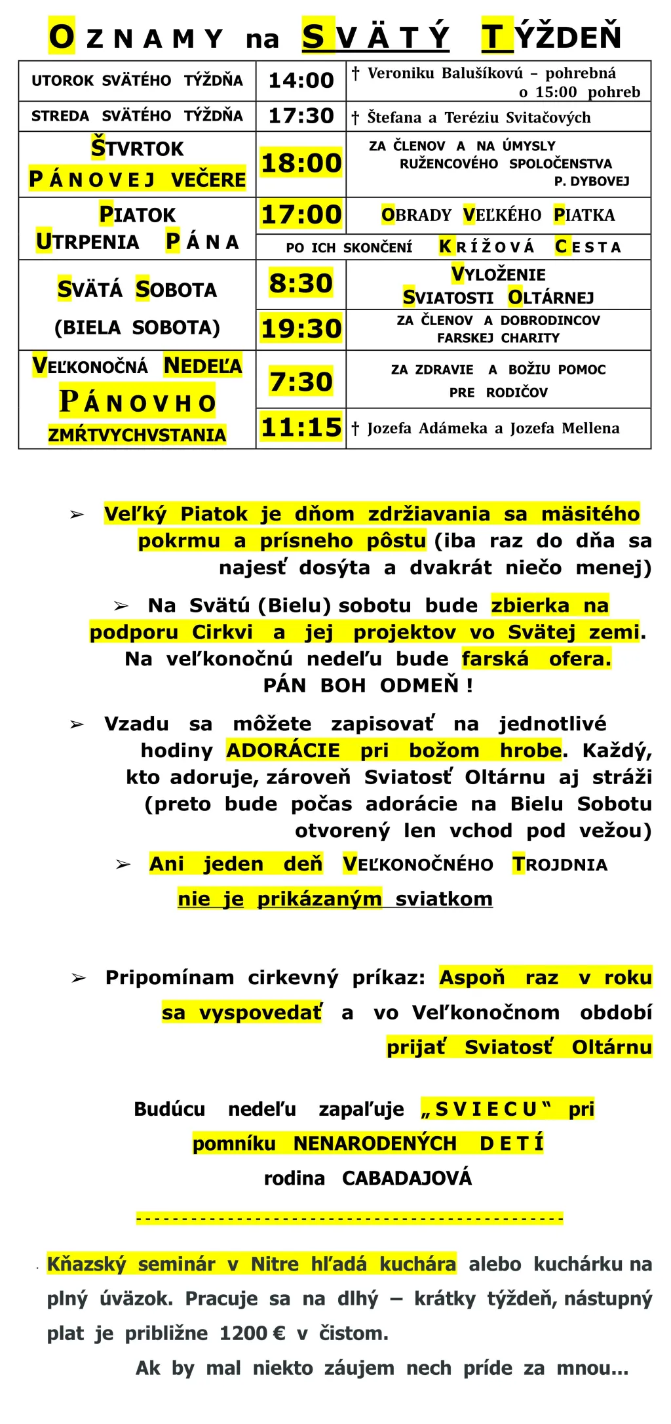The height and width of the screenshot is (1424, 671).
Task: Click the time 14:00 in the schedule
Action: point(301,81)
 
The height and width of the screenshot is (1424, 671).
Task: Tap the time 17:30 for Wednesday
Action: point(301,116)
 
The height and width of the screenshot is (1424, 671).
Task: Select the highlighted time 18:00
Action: point(301,163)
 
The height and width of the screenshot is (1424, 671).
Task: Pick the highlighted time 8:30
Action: point(301,283)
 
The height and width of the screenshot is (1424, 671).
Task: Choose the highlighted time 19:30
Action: point(301,328)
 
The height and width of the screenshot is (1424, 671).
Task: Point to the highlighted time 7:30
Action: point(301,382)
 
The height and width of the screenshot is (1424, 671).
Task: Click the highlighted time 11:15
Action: point(301,427)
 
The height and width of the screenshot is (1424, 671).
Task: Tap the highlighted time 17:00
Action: point(301,214)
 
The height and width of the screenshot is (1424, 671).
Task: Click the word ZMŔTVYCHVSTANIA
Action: point(137,435)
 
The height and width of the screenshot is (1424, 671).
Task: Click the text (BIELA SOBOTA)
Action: point(137,327)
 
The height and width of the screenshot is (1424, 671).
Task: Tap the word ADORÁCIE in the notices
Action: point(283,750)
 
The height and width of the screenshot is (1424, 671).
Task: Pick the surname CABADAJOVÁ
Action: point(406,1178)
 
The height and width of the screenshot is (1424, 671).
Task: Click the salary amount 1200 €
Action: point(252,1333)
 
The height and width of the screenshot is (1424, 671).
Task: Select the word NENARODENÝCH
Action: point(375,1143)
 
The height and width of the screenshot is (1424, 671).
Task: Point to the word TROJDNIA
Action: point(560,864)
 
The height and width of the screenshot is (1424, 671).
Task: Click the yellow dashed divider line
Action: point(350,1219)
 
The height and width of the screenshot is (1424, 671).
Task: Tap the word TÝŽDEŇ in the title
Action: point(551,37)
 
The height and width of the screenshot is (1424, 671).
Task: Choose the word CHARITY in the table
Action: point(531,338)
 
